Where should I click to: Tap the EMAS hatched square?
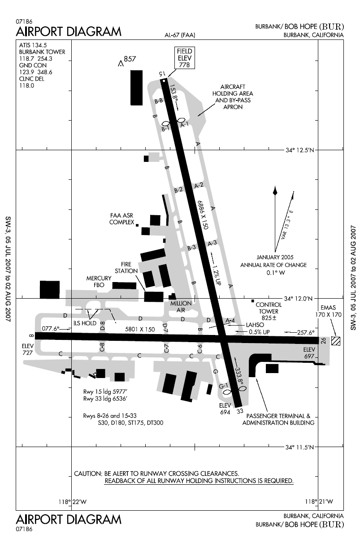[x=335, y=340]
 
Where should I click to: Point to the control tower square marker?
[x=253, y=301]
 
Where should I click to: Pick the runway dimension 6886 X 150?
[x=202, y=215]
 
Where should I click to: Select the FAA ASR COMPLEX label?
[x=122, y=218]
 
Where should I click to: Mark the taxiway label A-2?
[x=199, y=185]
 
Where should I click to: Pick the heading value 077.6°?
[x=50, y=328]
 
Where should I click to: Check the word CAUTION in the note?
[x=88, y=474]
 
